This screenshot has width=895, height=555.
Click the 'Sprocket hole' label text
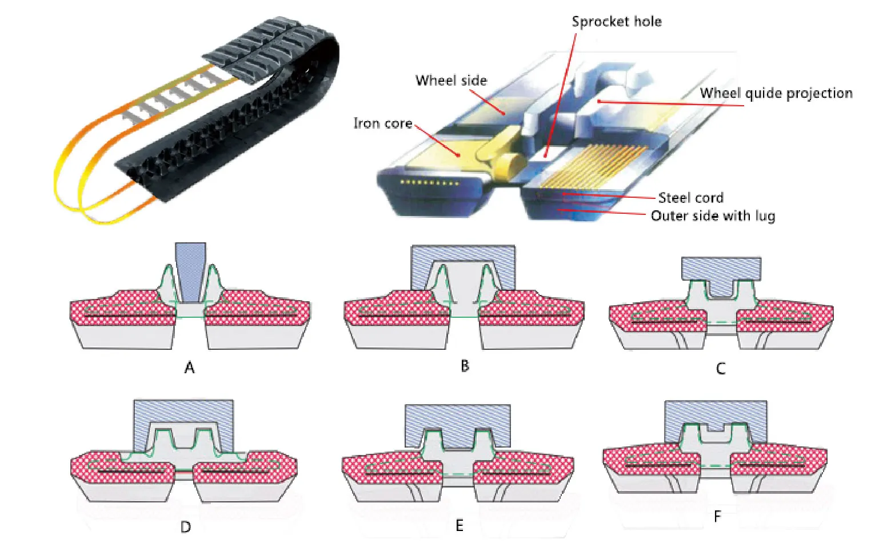[x=617, y=22]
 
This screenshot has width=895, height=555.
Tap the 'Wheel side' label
[x=451, y=81]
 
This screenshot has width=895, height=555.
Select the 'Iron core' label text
[x=382, y=123]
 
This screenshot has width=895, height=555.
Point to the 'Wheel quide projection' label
[x=776, y=93]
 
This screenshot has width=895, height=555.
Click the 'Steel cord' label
[x=690, y=198]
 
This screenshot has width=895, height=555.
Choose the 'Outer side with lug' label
[x=713, y=216]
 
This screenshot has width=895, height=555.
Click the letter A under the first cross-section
[x=190, y=368]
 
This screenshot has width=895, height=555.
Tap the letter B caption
[x=465, y=366]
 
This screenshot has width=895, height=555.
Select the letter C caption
[x=721, y=369]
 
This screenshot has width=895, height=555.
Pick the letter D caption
[x=186, y=527]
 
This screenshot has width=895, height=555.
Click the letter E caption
[x=460, y=525]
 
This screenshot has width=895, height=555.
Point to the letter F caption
[x=717, y=517]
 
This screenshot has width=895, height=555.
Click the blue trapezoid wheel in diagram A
[x=190, y=269]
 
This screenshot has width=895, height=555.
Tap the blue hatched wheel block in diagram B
[x=463, y=254]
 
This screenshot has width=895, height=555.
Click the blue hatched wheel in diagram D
[x=183, y=412]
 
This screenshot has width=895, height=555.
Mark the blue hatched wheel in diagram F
[x=716, y=413]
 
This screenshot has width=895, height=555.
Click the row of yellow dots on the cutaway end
[x=430, y=183]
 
